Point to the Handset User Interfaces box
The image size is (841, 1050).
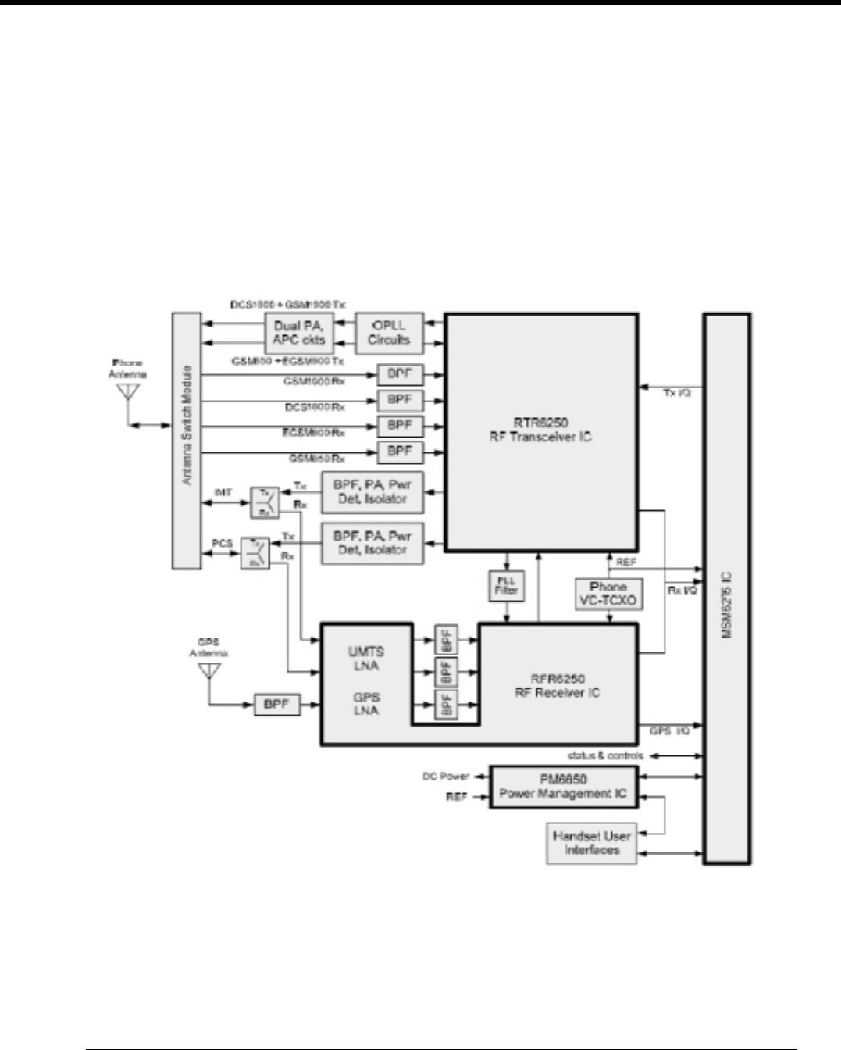[590, 842]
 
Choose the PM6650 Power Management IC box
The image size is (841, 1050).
[562, 787]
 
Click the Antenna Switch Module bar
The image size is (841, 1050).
[186, 440]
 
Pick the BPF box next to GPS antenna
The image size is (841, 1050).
[277, 705]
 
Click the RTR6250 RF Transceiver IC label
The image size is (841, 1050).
[540, 430]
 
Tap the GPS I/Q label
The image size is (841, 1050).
[669, 732]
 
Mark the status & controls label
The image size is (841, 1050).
[605, 756]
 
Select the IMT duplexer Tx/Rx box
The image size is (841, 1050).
[264, 502]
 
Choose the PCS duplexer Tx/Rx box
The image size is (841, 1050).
[255, 553]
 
